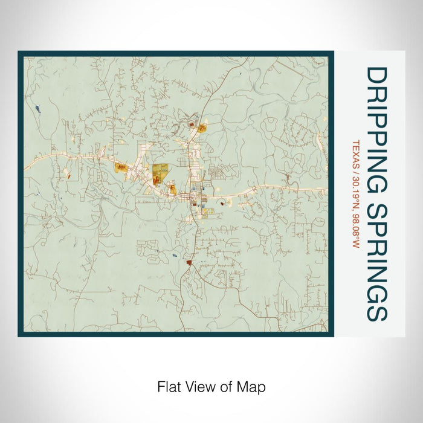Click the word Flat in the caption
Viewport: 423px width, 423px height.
pos(169,386)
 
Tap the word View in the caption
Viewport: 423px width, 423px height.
pos(198,386)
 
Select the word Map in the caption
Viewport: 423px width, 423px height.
pos(253,386)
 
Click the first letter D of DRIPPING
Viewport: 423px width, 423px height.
pos(376,75)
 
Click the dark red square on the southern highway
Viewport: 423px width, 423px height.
pos(189,263)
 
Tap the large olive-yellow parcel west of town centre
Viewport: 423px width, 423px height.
pos(160,172)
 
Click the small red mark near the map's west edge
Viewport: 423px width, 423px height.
pos(66,176)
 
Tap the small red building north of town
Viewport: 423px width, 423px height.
pos(192,125)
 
